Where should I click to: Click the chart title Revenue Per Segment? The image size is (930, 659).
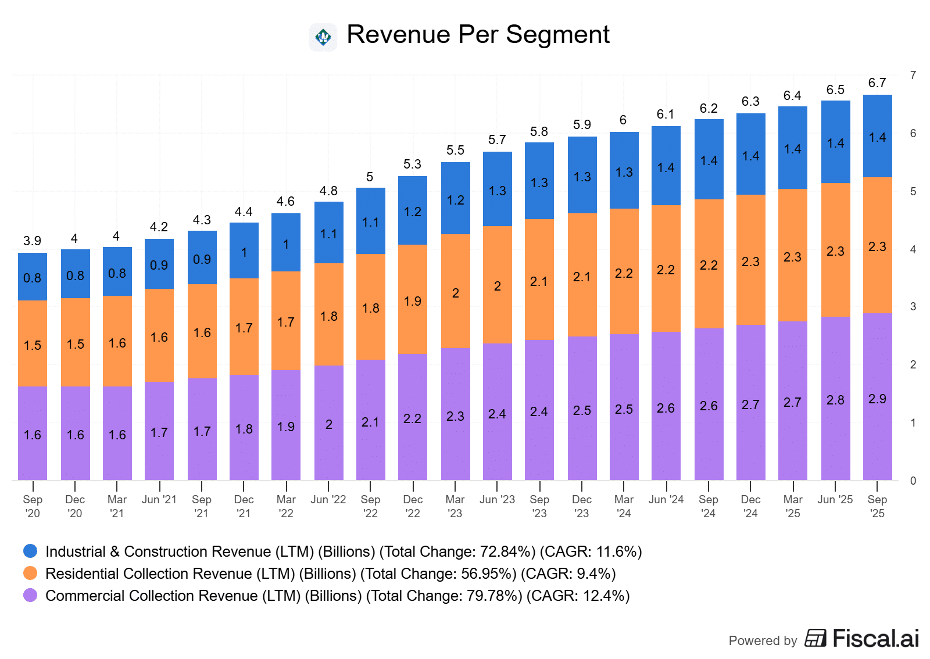tap(478, 35)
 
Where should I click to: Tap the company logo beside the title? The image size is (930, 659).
tap(323, 38)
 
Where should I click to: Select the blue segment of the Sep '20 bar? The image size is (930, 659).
tap(33, 277)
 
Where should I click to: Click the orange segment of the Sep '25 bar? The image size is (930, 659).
tap(877, 245)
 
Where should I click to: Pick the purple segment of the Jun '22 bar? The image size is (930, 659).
tap(328, 423)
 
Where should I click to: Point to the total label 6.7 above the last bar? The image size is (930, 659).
tap(877, 83)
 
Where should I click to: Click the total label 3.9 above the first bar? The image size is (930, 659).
tap(33, 241)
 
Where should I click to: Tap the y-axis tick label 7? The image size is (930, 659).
tap(913, 75)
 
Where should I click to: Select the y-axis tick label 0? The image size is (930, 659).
tap(913, 481)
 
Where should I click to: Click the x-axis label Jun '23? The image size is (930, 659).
tap(497, 500)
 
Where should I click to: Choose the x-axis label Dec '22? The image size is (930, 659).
tap(413, 506)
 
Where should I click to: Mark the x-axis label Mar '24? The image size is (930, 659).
tap(624, 506)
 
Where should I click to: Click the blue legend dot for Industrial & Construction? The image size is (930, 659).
tap(30, 551)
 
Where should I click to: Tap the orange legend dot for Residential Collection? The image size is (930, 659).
tap(30, 573)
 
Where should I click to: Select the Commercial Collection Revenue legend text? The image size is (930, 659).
tap(337, 596)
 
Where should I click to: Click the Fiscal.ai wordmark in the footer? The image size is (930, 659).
tap(875, 639)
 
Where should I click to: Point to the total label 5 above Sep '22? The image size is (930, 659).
tap(370, 177)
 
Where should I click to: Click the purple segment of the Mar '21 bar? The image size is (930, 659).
tap(117, 434)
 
